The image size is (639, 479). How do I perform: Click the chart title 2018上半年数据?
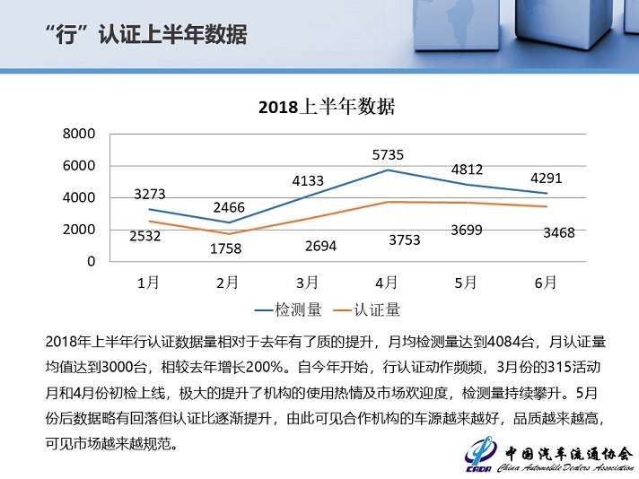[x=327, y=107]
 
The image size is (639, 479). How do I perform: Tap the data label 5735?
[x=388, y=154]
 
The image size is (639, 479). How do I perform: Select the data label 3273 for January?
[x=149, y=194]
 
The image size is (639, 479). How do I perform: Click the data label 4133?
[x=308, y=181]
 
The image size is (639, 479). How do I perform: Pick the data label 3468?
[x=547, y=232]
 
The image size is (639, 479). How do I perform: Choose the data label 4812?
[x=467, y=168]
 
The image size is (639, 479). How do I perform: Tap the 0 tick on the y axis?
[x=90, y=262]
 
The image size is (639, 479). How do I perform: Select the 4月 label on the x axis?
[x=388, y=282]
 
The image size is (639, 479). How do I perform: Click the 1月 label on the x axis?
[x=149, y=282]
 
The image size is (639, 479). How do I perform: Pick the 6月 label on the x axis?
[x=546, y=282]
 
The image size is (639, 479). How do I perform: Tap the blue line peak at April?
[x=388, y=170]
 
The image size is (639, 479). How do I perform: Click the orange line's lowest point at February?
[x=228, y=233]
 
